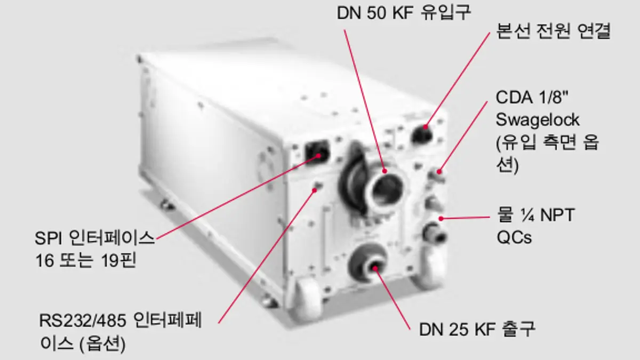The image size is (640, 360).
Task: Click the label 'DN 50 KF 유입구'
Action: click(x=404, y=13)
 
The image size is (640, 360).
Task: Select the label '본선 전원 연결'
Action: click(x=553, y=31)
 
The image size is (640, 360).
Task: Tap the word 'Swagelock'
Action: click(x=538, y=119)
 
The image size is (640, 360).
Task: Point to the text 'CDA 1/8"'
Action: click(x=532, y=98)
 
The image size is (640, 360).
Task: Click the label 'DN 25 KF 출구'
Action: click(x=477, y=330)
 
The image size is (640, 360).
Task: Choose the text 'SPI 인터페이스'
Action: click(x=94, y=238)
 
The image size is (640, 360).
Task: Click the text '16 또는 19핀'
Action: click(x=86, y=260)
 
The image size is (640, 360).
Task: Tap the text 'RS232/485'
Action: click(x=83, y=321)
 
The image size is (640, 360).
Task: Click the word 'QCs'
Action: click(x=514, y=237)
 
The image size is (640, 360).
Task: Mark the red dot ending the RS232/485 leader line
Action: click(x=315, y=190)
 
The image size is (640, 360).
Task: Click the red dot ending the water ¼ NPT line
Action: click(x=441, y=219)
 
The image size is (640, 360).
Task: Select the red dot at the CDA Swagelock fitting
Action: click(x=439, y=172)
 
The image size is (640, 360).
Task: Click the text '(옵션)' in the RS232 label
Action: click(x=102, y=343)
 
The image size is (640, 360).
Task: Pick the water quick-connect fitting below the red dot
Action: click(x=435, y=233)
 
